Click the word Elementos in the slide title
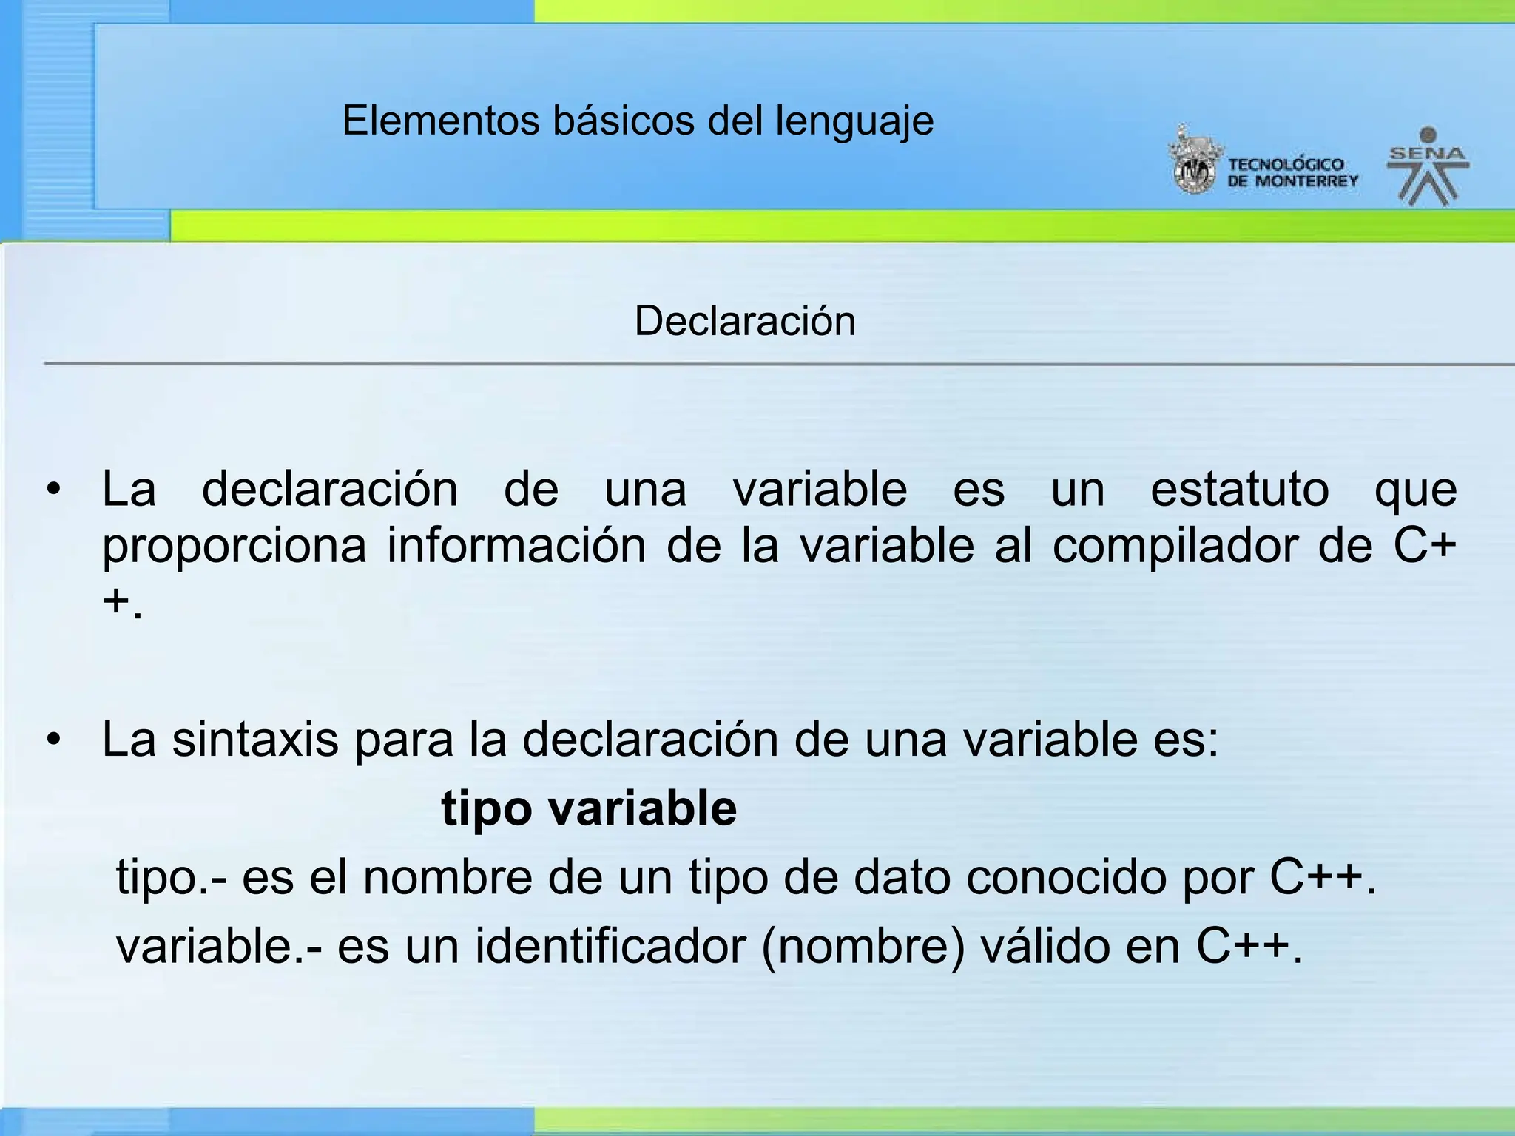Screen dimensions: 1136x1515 (441, 121)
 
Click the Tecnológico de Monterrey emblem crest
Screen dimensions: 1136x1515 (1192, 163)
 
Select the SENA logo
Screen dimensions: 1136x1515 (1428, 167)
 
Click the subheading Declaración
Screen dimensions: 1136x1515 (745, 321)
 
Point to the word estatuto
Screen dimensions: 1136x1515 (1240, 490)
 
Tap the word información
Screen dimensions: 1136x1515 (516, 546)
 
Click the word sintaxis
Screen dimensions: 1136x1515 (254, 740)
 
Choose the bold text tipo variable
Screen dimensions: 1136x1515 (589, 808)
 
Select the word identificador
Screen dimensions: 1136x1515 (610, 946)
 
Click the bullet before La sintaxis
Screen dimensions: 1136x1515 (53, 740)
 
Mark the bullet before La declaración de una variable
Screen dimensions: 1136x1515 (53, 490)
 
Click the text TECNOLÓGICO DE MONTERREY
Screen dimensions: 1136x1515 (1292, 173)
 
